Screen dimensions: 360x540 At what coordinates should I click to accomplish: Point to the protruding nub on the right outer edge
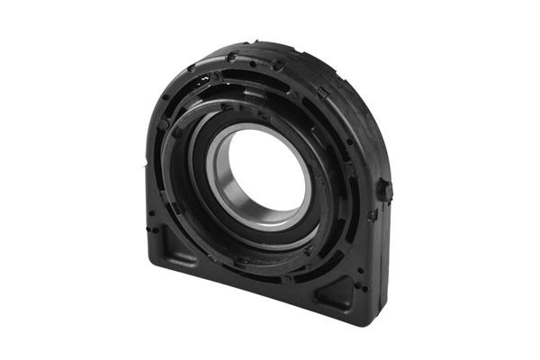point(385,190)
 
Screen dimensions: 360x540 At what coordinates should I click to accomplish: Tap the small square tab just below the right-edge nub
point(373,216)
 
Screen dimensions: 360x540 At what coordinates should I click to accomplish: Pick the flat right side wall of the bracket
point(378,261)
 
